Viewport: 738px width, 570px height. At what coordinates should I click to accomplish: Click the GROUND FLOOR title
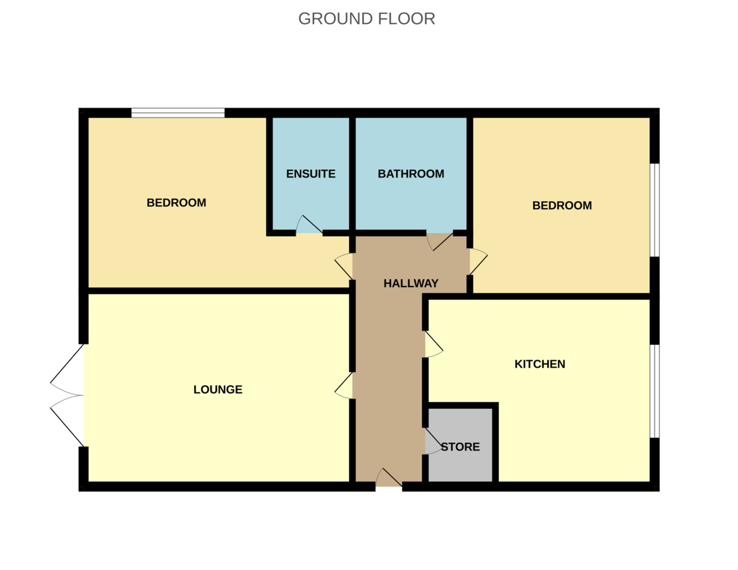click(367, 18)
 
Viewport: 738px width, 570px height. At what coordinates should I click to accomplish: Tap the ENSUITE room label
click(311, 174)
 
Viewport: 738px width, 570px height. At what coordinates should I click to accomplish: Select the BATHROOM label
click(411, 174)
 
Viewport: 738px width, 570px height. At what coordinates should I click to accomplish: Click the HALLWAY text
click(411, 283)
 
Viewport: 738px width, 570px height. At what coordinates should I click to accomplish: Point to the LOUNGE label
click(218, 389)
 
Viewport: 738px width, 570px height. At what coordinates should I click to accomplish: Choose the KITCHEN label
click(539, 364)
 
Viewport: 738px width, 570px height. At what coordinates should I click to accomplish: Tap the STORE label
click(461, 447)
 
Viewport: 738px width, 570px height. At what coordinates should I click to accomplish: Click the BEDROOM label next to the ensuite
click(177, 203)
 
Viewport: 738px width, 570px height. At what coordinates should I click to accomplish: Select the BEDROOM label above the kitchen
click(562, 205)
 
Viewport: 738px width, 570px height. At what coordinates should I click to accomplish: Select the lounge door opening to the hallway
click(343, 386)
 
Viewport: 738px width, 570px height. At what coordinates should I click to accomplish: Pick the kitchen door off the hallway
click(434, 344)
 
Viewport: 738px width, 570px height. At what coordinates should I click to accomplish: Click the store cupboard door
click(434, 441)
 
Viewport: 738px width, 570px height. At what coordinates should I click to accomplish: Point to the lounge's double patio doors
click(67, 395)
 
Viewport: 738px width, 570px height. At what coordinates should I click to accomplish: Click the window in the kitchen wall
click(655, 392)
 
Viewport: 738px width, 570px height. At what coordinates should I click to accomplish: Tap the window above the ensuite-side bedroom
click(178, 113)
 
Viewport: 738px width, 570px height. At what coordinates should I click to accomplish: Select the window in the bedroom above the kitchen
click(655, 210)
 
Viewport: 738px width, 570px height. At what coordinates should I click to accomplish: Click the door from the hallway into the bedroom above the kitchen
click(479, 261)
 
